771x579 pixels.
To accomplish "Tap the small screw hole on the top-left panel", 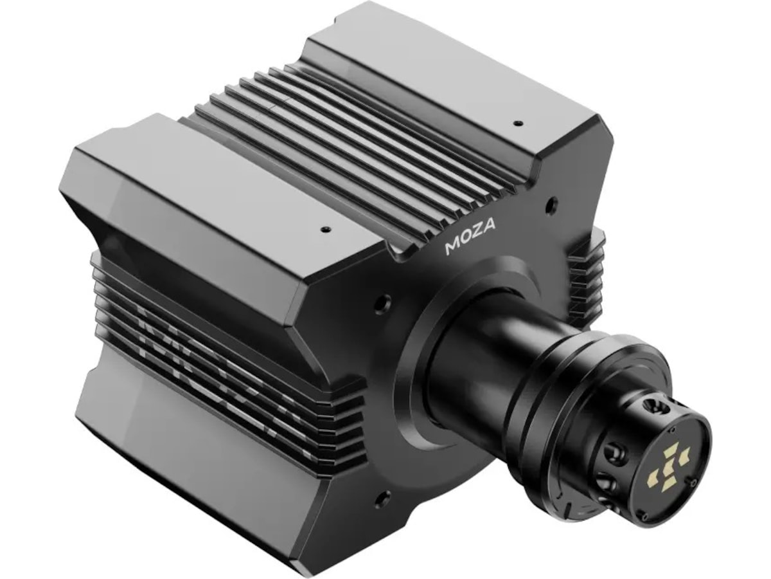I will [326, 228].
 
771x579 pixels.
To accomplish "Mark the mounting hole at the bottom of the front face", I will [384, 497].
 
